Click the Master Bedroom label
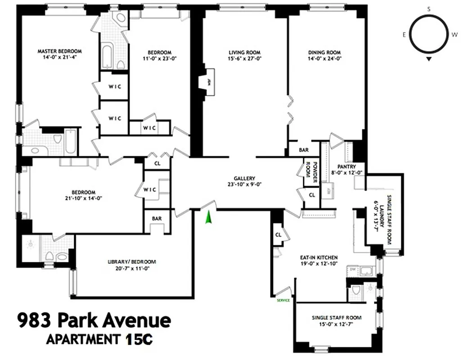pyautogui.click(x=56, y=51)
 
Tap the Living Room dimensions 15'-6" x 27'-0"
pyautogui.click(x=245, y=58)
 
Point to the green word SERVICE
pyautogui.click(x=283, y=300)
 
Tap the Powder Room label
pyautogui.click(x=309, y=172)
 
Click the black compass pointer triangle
pyautogui.click(x=429, y=59)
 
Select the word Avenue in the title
pyautogui.click(x=137, y=321)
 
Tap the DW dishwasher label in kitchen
pyautogui.click(x=353, y=269)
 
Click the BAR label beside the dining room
pyautogui.click(x=304, y=150)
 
